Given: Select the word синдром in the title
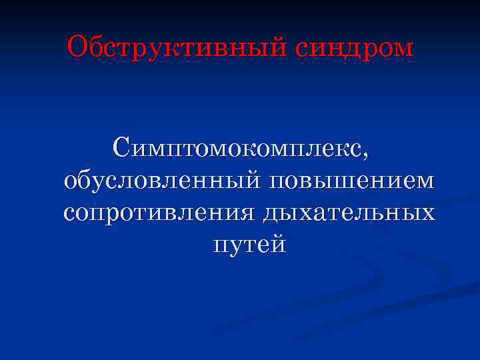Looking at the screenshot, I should [x=352, y=48].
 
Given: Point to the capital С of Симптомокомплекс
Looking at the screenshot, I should [x=123, y=147].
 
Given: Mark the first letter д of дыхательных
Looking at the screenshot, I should [x=271, y=214].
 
